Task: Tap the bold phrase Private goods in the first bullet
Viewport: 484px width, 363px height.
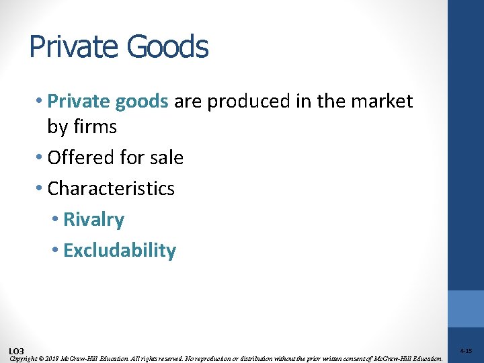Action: [x=108, y=102]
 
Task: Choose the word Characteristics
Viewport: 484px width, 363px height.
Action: [x=111, y=188]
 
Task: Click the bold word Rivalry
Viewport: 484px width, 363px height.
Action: [x=94, y=220]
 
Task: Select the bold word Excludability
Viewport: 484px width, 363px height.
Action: [x=120, y=251]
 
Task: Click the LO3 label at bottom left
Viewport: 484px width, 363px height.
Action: [x=17, y=351]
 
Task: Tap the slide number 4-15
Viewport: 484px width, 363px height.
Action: [x=466, y=351]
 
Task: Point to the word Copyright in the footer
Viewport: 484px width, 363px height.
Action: [x=23, y=358]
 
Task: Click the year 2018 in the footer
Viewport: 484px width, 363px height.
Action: [x=52, y=358]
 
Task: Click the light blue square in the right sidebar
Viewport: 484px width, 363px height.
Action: [x=466, y=309]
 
